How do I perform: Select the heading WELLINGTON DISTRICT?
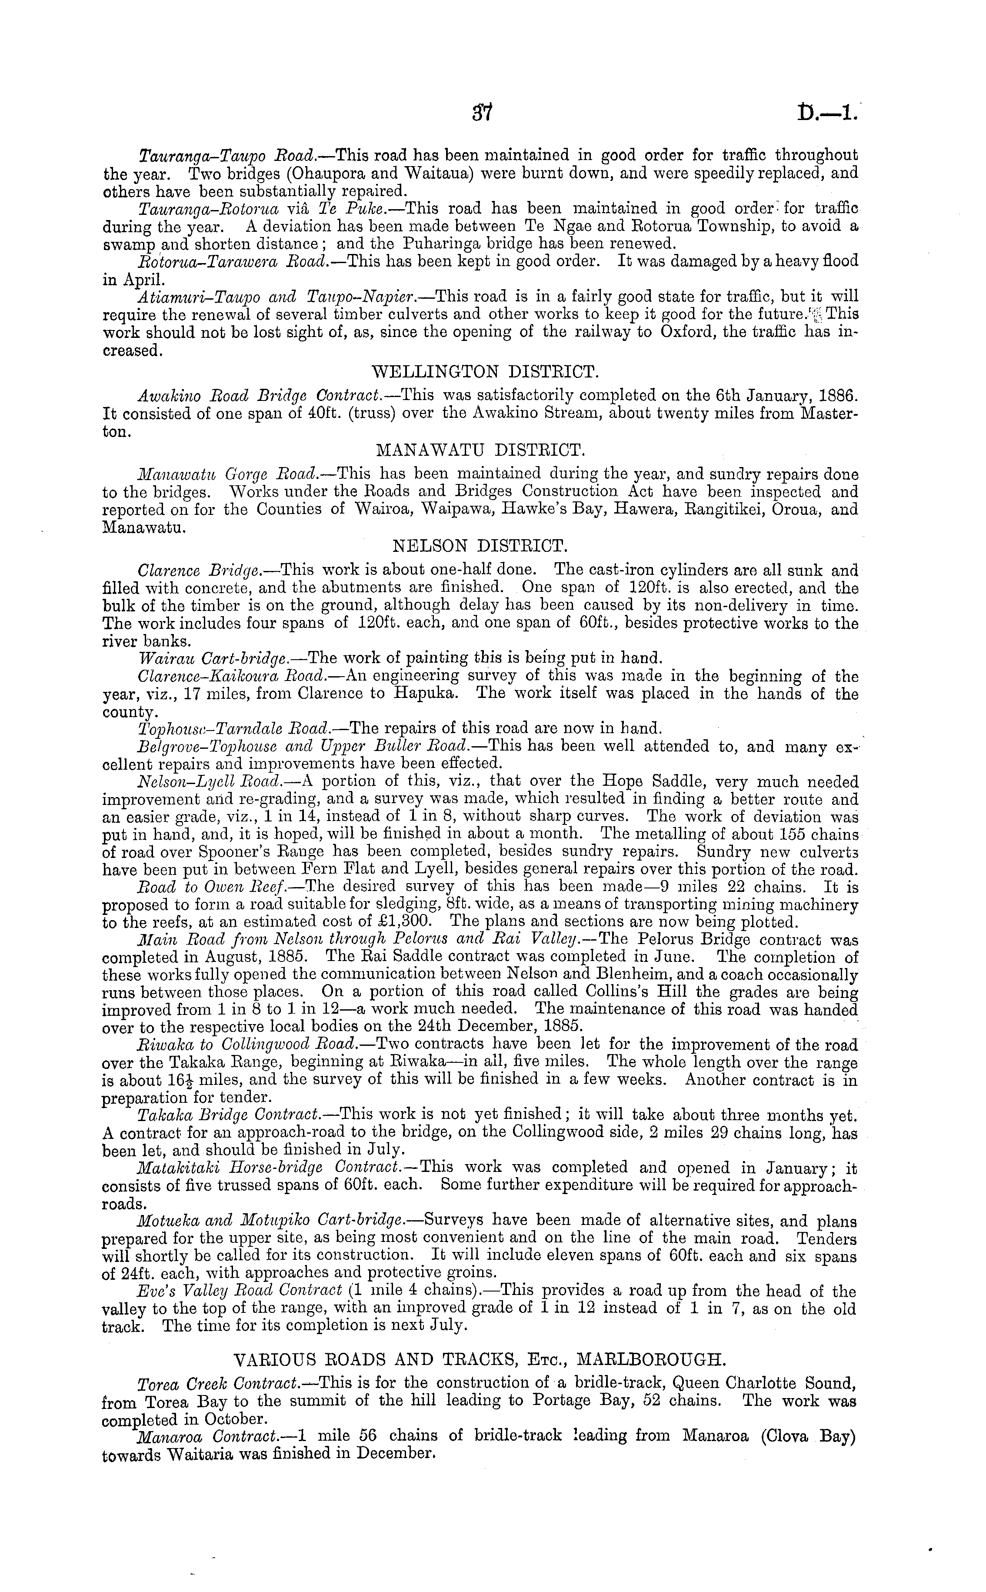point(484,372)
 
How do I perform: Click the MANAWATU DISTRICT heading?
point(481,451)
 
